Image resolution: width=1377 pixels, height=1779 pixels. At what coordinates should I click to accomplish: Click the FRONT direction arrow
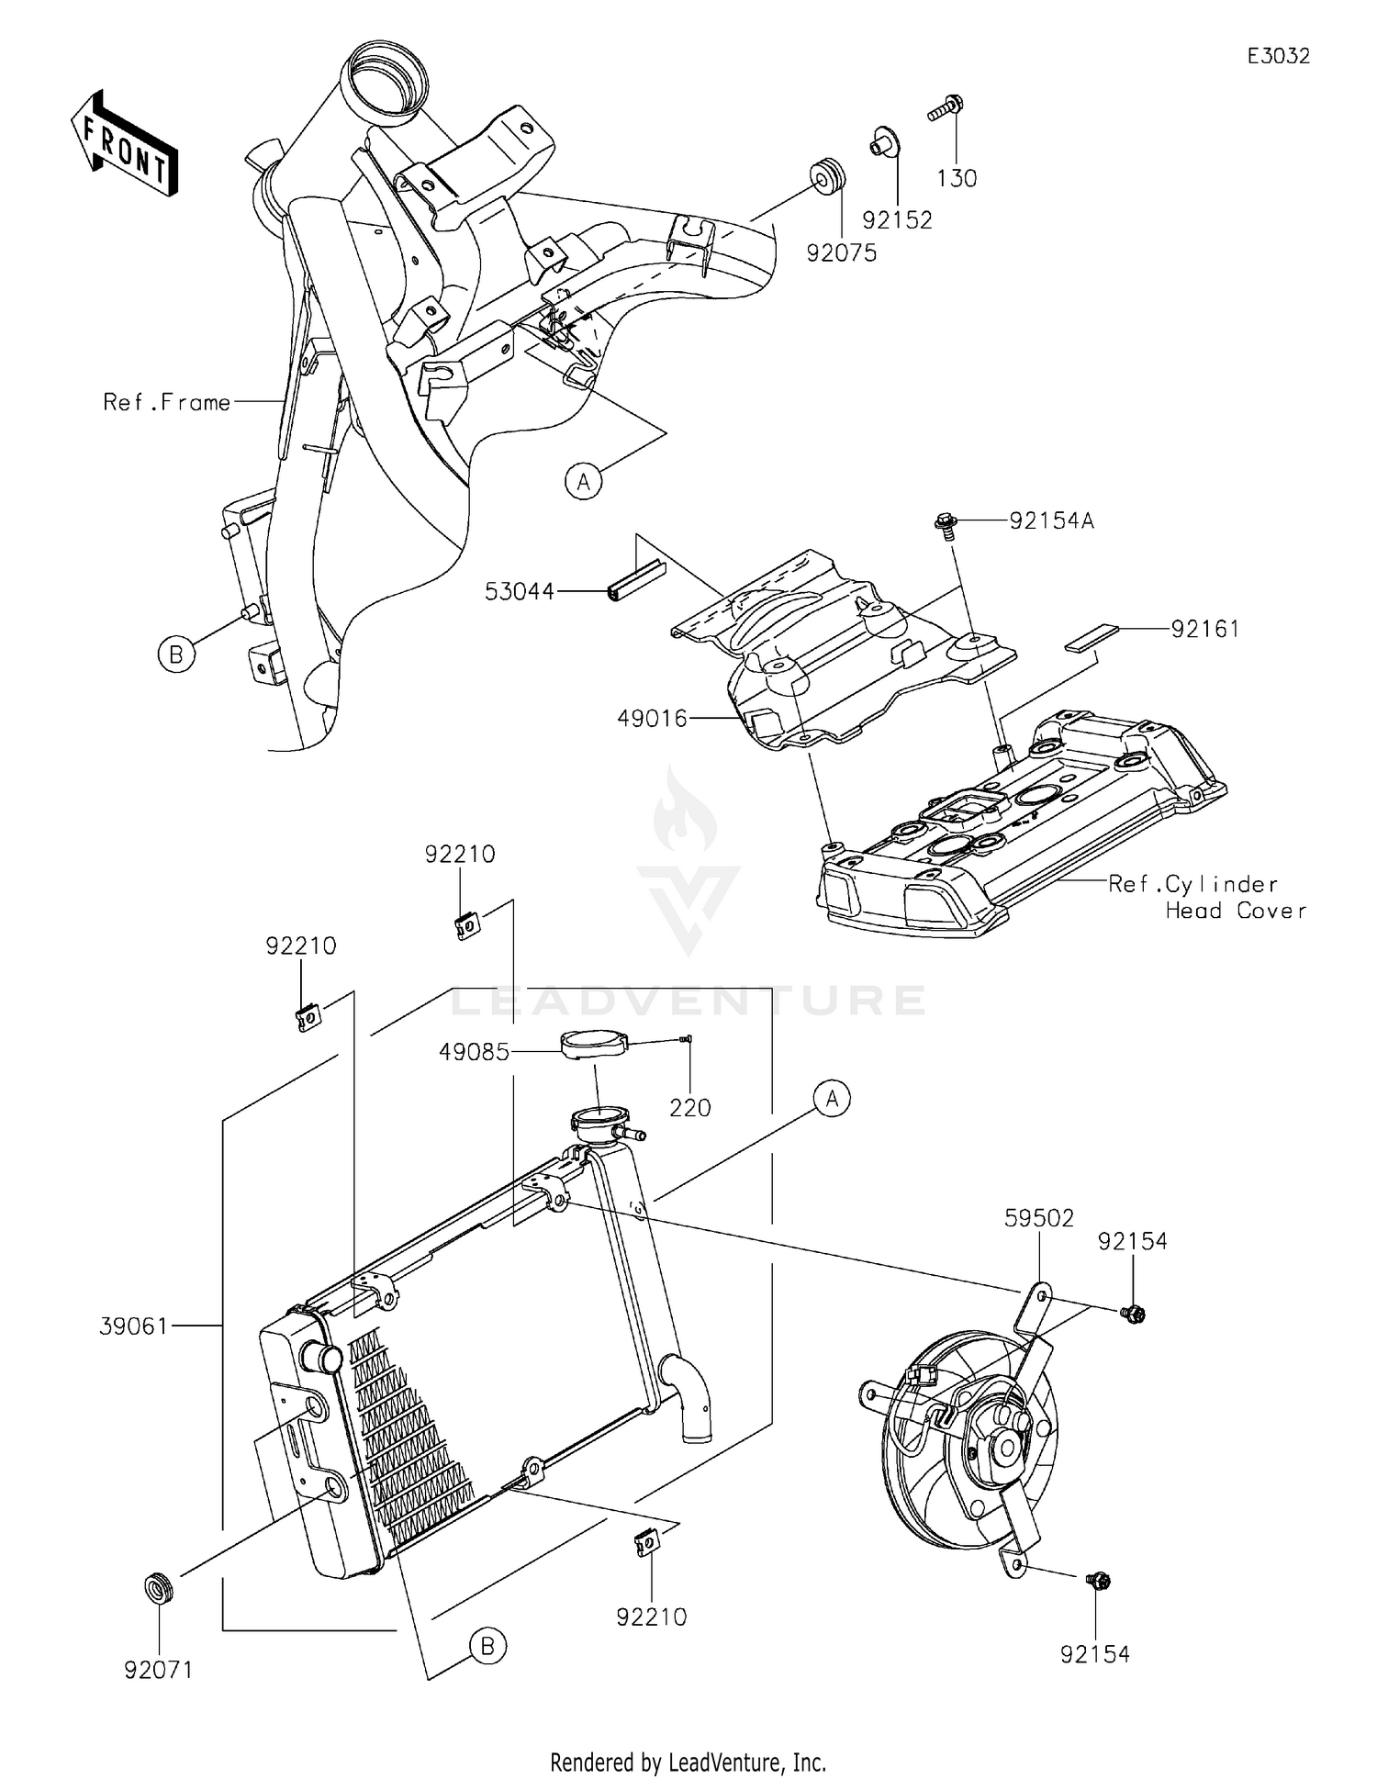(x=124, y=144)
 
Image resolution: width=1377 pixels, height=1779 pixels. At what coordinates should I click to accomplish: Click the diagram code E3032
(x=1278, y=56)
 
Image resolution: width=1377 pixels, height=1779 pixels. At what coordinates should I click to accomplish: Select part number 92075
(x=841, y=252)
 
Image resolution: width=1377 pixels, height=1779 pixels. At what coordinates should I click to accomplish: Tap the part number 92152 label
(x=897, y=220)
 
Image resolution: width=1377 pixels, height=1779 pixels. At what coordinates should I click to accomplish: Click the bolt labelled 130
(x=946, y=109)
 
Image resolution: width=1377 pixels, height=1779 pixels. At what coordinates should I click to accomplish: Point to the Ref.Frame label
(x=166, y=402)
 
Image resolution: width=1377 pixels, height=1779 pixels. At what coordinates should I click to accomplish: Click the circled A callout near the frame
(x=584, y=481)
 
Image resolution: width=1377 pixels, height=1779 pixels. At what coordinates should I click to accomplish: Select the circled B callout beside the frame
(x=176, y=655)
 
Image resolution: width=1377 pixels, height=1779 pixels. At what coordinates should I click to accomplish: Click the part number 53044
(x=520, y=592)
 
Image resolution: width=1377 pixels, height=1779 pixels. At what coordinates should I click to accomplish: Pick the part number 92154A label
(x=1051, y=521)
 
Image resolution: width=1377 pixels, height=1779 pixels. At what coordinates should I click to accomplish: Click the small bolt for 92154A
(x=946, y=523)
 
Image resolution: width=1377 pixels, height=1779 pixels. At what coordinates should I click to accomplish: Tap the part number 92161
(x=1204, y=629)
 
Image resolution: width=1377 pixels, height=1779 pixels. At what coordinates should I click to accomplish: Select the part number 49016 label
(x=652, y=719)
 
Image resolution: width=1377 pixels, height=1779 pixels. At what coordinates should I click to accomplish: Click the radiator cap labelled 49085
(x=592, y=1044)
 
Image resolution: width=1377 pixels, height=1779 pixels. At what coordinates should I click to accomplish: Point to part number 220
(x=689, y=1108)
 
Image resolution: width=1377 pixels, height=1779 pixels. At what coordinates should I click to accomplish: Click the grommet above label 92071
(x=159, y=1587)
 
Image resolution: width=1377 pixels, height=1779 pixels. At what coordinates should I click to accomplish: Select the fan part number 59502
(x=1039, y=1218)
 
